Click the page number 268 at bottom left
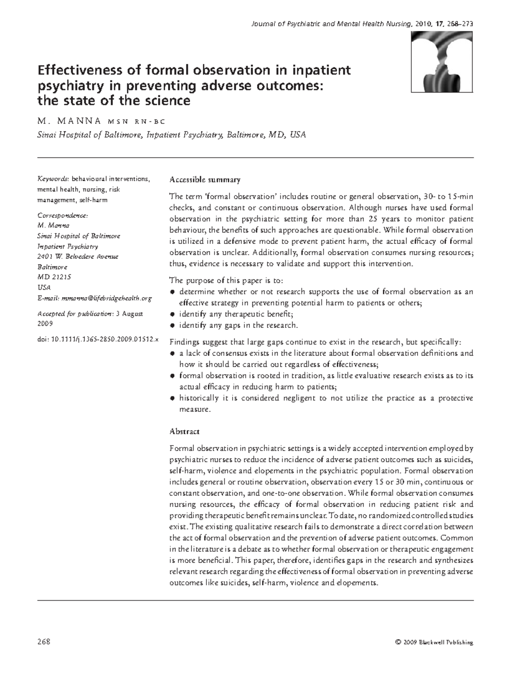(x=44, y=642)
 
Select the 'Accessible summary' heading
(x=205, y=180)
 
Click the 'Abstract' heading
(x=185, y=431)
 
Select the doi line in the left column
(x=98, y=339)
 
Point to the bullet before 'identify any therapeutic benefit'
(x=173, y=314)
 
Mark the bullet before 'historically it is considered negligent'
(x=173, y=398)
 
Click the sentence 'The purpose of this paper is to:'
(x=227, y=280)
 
